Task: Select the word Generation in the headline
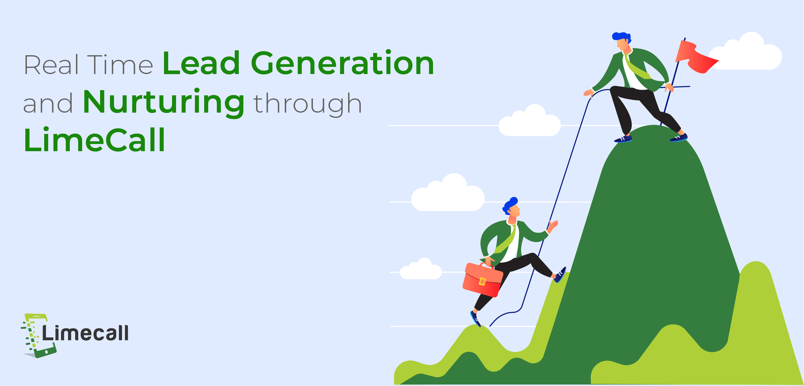(x=342, y=63)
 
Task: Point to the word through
(x=308, y=104)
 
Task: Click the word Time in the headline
(x=120, y=65)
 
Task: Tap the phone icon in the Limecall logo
(x=39, y=336)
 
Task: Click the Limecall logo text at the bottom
(x=85, y=333)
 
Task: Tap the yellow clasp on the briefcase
(x=482, y=281)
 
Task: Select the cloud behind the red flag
(x=746, y=52)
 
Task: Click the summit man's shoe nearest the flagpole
(x=679, y=138)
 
